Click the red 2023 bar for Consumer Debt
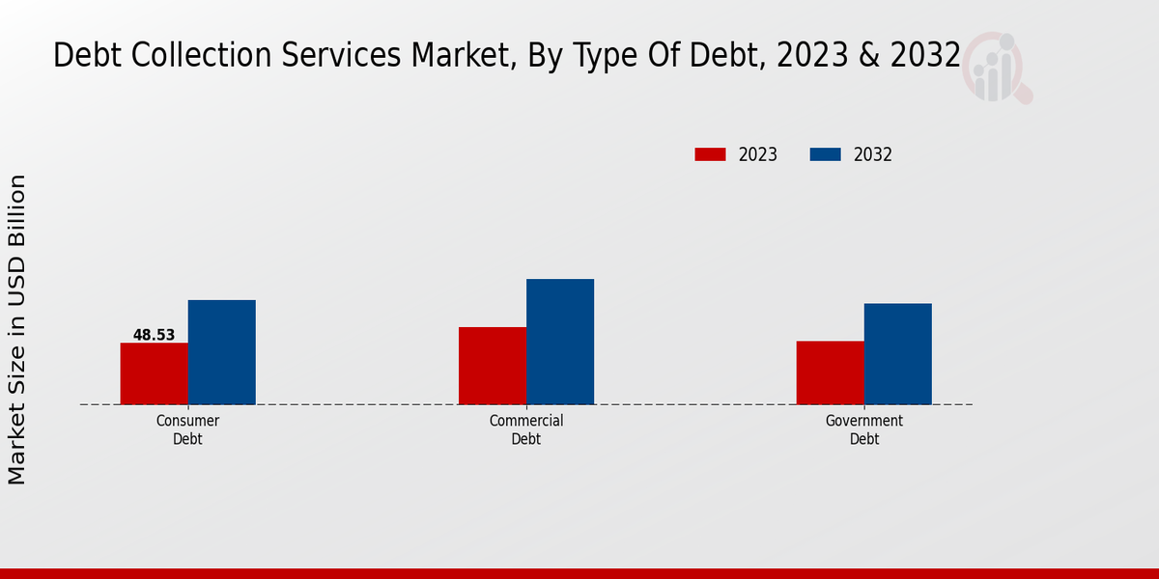(154, 373)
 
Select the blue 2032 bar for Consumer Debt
(221, 352)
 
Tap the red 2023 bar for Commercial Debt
(493, 366)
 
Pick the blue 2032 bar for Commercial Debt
(560, 342)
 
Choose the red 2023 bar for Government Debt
(830, 372)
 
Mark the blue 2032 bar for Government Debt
(897, 354)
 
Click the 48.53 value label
(154, 335)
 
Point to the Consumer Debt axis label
(187, 429)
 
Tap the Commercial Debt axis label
(526, 429)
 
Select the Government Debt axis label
(864, 429)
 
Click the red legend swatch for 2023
(710, 154)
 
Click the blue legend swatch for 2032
(825, 154)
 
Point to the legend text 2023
(758, 154)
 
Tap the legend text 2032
(873, 154)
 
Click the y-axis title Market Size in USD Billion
(17, 329)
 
